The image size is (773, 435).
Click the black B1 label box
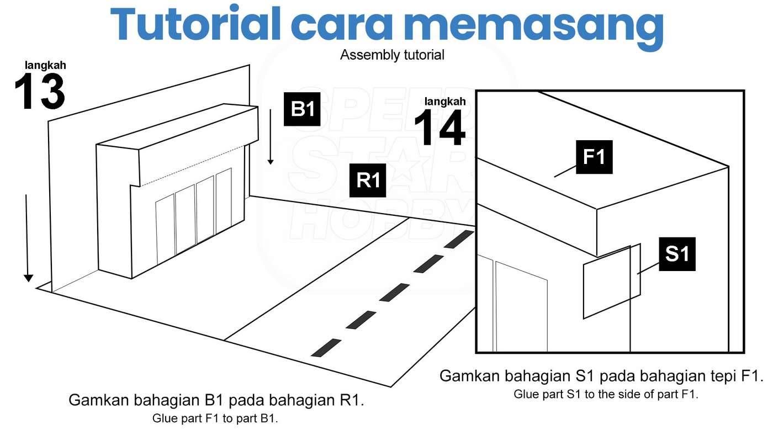click(302, 109)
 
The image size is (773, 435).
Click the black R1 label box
click(368, 181)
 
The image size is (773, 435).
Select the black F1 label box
click(594, 157)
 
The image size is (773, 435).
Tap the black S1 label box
click(677, 254)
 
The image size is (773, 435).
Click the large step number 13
click(40, 92)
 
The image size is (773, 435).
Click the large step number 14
click(440, 128)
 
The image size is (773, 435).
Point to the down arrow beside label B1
click(271, 137)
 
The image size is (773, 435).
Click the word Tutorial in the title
click(195, 23)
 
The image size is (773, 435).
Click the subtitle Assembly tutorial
click(392, 55)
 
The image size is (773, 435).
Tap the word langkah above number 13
click(45, 65)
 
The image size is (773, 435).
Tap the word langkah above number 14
click(445, 102)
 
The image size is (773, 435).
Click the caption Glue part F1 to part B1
click(215, 418)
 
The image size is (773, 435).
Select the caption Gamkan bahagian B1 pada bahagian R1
click(216, 400)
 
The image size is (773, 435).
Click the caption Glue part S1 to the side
click(606, 394)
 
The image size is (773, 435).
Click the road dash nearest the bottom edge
click(326, 348)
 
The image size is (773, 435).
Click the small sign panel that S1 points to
click(612, 282)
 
